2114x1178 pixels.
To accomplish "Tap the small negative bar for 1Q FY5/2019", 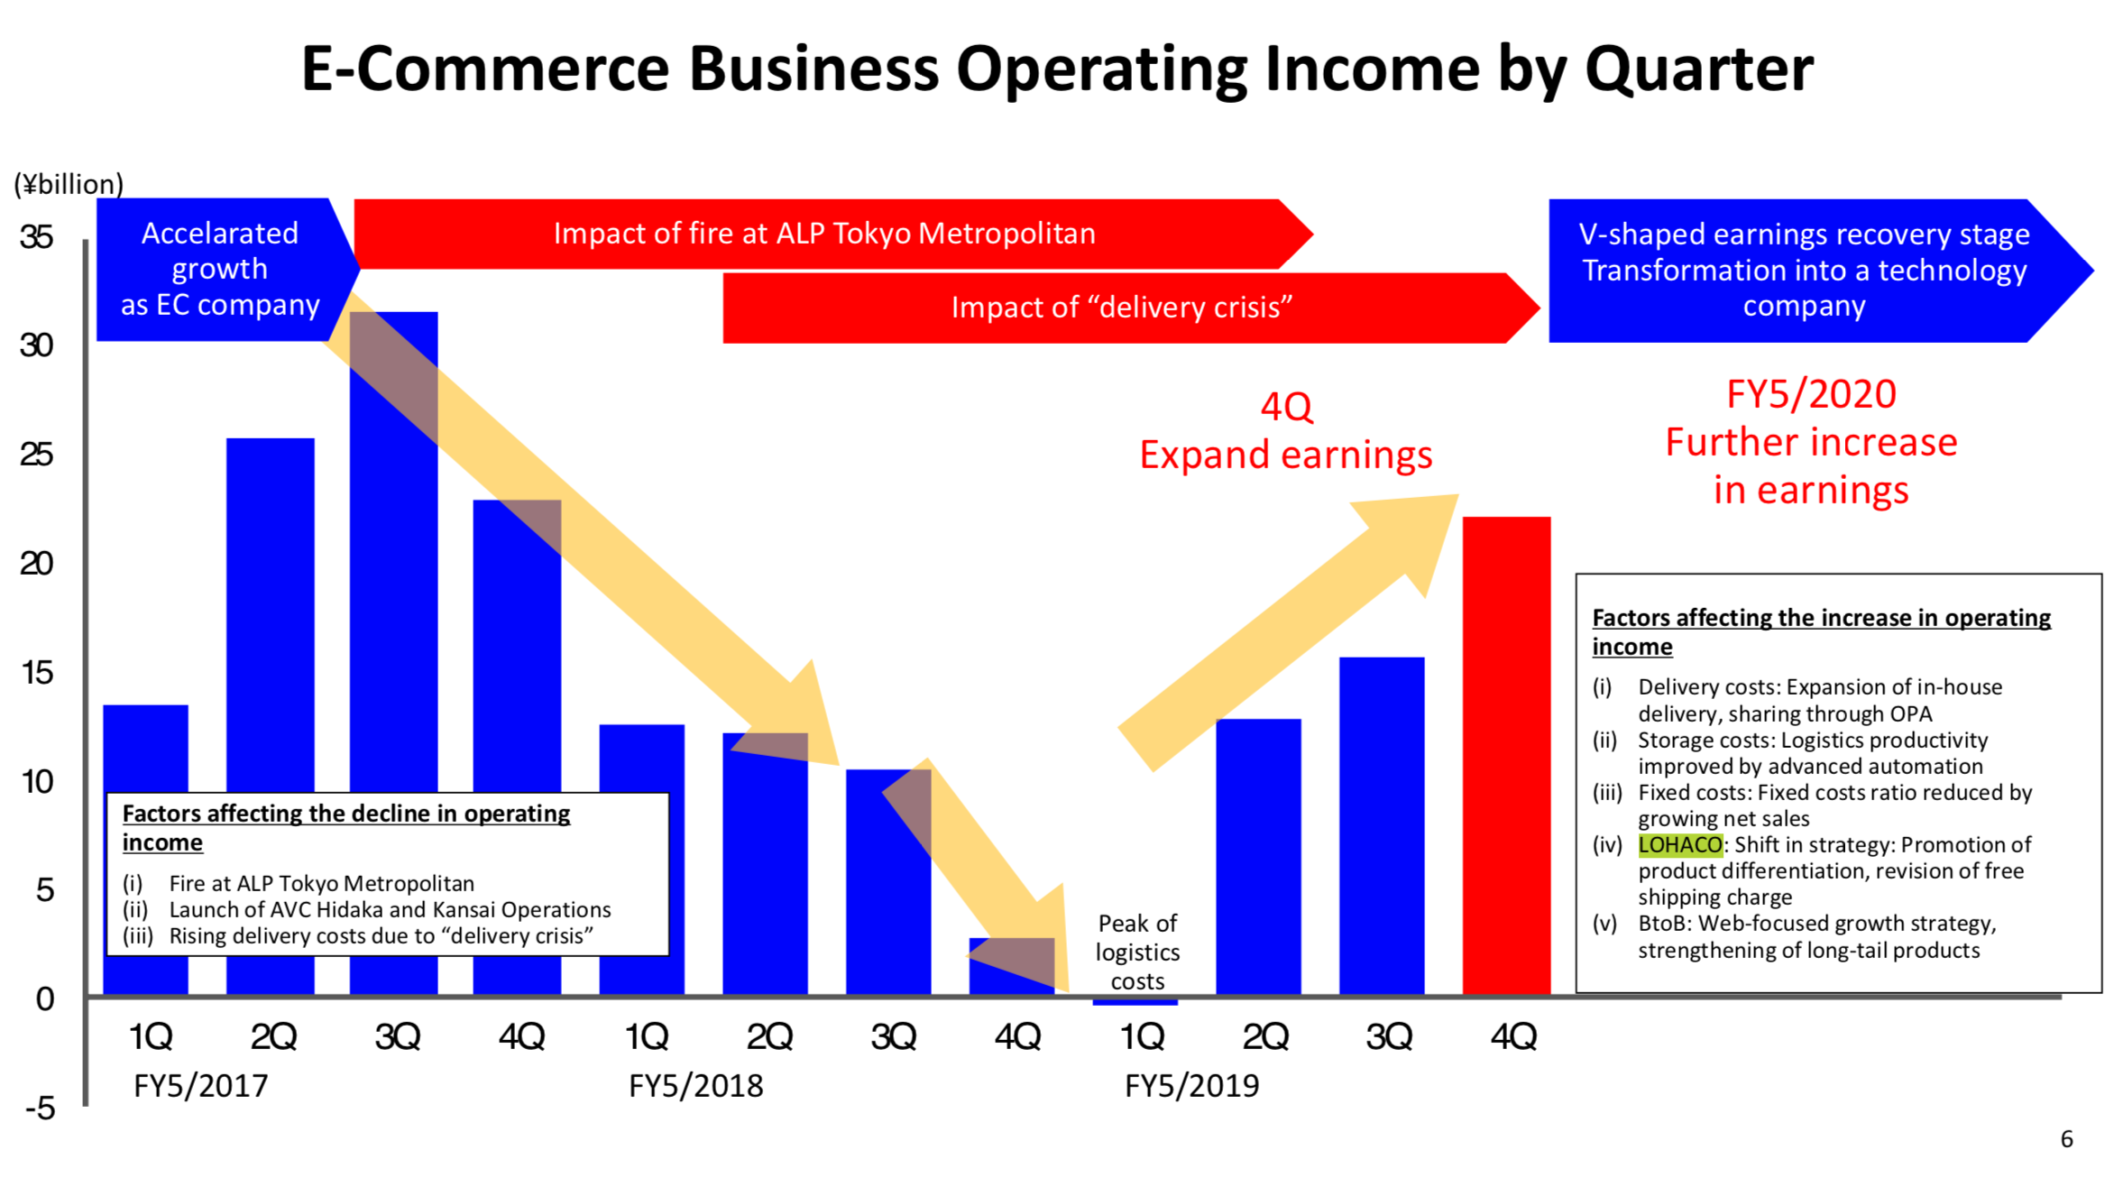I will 1135,1000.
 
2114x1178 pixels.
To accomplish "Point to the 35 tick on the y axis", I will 36,237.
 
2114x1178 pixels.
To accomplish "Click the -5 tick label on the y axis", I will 40,1108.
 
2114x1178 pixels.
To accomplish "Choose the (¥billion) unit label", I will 69,184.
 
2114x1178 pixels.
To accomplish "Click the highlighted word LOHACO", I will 1679,845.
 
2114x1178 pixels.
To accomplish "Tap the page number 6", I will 2066,1139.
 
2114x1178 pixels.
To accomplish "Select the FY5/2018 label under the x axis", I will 695,1085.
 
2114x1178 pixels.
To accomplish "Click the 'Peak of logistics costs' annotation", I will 1137,952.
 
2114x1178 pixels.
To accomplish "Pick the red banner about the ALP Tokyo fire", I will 824,234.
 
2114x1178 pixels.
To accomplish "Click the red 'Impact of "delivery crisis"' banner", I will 1121,308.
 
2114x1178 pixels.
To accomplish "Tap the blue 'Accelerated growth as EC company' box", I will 220,269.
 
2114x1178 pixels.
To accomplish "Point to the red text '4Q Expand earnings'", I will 1285,431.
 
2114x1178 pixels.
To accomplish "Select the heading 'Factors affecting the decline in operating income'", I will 345,827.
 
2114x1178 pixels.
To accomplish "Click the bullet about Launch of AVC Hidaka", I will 390,909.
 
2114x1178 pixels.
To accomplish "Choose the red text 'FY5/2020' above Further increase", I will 1811,394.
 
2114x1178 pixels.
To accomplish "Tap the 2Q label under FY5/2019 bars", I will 1264,1037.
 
